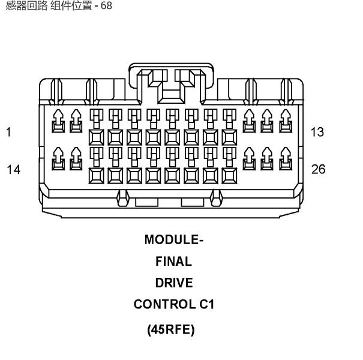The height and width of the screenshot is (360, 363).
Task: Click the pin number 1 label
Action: pyautogui.click(x=8, y=132)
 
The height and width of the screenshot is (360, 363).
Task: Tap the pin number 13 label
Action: pyautogui.click(x=317, y=132)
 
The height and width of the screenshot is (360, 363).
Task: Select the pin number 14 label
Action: pyautogui.click(x=13, y=169)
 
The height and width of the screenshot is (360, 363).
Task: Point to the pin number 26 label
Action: pyautogui.click(x=319, y=169)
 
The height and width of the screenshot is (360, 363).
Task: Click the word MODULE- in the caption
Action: pyautogui.click(x=174, y=239)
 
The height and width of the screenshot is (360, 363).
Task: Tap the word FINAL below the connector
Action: pyautogui.click(x=173, y=262)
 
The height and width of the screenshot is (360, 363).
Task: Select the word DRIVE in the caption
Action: pyautogui.click(x=174, y=283)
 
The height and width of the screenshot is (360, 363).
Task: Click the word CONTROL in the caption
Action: pyautogui.click(x=164, y=304)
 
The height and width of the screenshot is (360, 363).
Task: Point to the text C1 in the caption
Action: pyautogui.click(x=207, y=304)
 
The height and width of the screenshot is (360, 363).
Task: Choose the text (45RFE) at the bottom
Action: pyautogui.click(x=171, y=329)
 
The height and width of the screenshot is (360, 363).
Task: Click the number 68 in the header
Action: pyautogui.click(x=106, y=5)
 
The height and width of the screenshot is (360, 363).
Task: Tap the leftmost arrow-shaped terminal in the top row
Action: pyautogui.click(x=58, y=121)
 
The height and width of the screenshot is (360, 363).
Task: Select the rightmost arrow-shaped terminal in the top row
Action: pyautogui.click(x=286, y=121)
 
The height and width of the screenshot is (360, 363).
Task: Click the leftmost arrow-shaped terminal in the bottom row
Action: pyautogui.click(x=58, y=158)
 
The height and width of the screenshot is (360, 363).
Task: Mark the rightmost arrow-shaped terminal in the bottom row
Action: pyautogui.click(x=286, y=158)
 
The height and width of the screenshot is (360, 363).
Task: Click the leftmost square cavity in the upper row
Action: pyautogui.click(x=97, y=137)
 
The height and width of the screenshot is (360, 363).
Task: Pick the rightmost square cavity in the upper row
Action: pyautogui.click(x=229, y=137)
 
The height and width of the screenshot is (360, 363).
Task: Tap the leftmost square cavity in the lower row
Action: pyautogui.click(x=97, y=176)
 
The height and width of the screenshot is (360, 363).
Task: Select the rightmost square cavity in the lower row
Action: pyautogui.click(x=229, y=176)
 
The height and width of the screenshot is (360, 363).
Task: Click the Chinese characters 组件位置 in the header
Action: pyautogui.click(x=71, y=5)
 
